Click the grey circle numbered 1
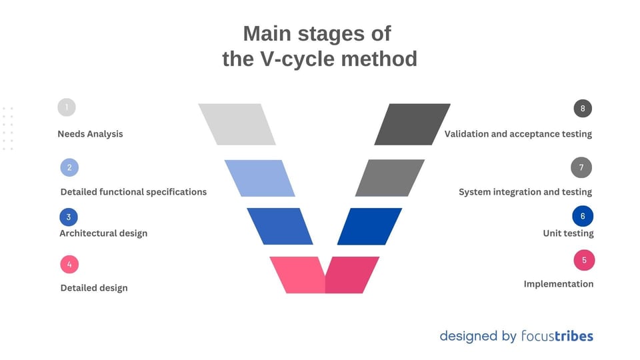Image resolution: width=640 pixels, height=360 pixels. click(x=67, y=107)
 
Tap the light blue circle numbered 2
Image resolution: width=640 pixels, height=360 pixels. click(x=69, y=168)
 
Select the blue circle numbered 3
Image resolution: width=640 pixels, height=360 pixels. click(x=69, y=217)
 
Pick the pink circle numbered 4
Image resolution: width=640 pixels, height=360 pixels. click(x=69, y=265)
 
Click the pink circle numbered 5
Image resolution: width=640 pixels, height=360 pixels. click(x=584, y=261)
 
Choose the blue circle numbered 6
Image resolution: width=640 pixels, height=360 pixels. click(x=583, y=216)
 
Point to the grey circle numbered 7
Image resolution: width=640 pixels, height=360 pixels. click(x=581, y=168)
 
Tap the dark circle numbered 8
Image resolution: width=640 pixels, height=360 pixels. click(x=583, y=109)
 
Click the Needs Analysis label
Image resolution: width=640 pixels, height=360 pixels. click(x=90, y=134)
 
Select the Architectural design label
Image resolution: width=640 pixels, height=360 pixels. click(x=103, y=233)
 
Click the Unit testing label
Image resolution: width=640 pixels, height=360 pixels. click(x=568, y=233)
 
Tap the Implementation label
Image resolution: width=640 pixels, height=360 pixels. click(x=558, y=284)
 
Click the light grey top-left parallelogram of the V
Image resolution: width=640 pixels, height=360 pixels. click(x=237, y=124)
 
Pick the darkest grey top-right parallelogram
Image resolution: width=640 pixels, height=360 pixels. click(x=412, y=124)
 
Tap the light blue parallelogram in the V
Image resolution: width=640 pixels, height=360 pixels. click(x=259, y=178)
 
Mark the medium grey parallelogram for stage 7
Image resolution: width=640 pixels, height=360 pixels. click(x=390, y=178)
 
